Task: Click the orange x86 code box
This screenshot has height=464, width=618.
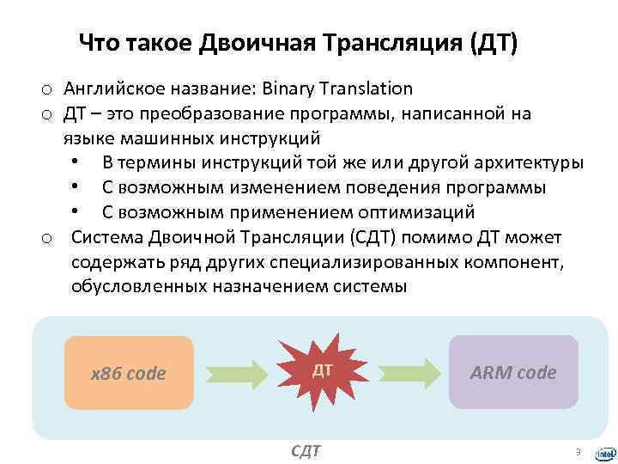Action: [129, 372]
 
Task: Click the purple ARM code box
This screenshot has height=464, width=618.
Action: [512, 372]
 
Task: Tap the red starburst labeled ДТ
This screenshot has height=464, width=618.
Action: [322, 370]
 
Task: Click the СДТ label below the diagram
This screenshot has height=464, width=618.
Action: [306, 450]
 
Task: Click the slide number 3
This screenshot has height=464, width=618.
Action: [578, 451]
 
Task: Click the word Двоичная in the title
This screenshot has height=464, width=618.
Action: [251, 42]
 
